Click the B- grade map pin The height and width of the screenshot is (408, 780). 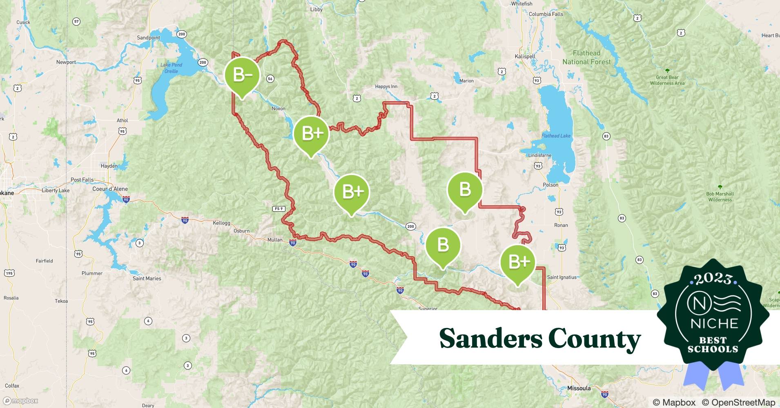(242, 75)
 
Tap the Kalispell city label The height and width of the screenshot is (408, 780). (525, 56)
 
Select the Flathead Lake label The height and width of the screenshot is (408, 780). (556, 136)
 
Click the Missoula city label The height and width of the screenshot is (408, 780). (579, 388)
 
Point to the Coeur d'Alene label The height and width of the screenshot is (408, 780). (110, 189)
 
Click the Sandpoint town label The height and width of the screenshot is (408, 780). (148, 38)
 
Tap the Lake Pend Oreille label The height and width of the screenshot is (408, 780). (171, 68)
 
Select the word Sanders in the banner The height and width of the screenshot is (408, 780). (490, 339)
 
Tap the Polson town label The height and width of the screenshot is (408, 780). (550, 185)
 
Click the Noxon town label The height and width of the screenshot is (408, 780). (279, 109)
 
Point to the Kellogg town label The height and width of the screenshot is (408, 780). (221, 223)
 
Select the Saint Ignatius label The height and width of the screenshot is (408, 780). (562, 277)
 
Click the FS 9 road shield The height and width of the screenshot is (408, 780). (279, 208)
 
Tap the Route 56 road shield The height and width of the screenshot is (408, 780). (270, 78)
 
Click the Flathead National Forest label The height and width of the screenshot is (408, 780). (586, 58)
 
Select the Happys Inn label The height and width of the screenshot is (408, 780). (386, 86)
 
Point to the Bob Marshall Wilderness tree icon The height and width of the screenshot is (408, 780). (720, 187)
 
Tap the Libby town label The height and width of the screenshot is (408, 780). (316, 9)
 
